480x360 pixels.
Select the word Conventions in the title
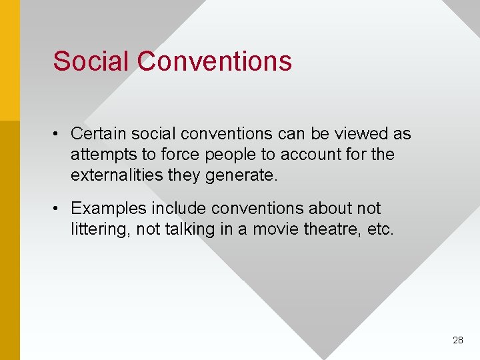pos(215,61)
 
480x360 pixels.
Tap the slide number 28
pos(457,340)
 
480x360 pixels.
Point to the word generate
pos(242,176)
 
